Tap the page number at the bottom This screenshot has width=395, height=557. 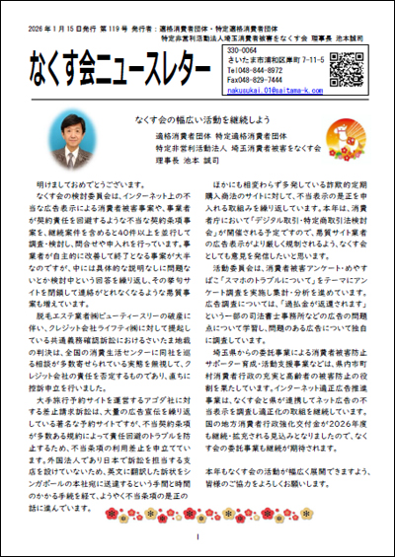[x=198, y=537]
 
